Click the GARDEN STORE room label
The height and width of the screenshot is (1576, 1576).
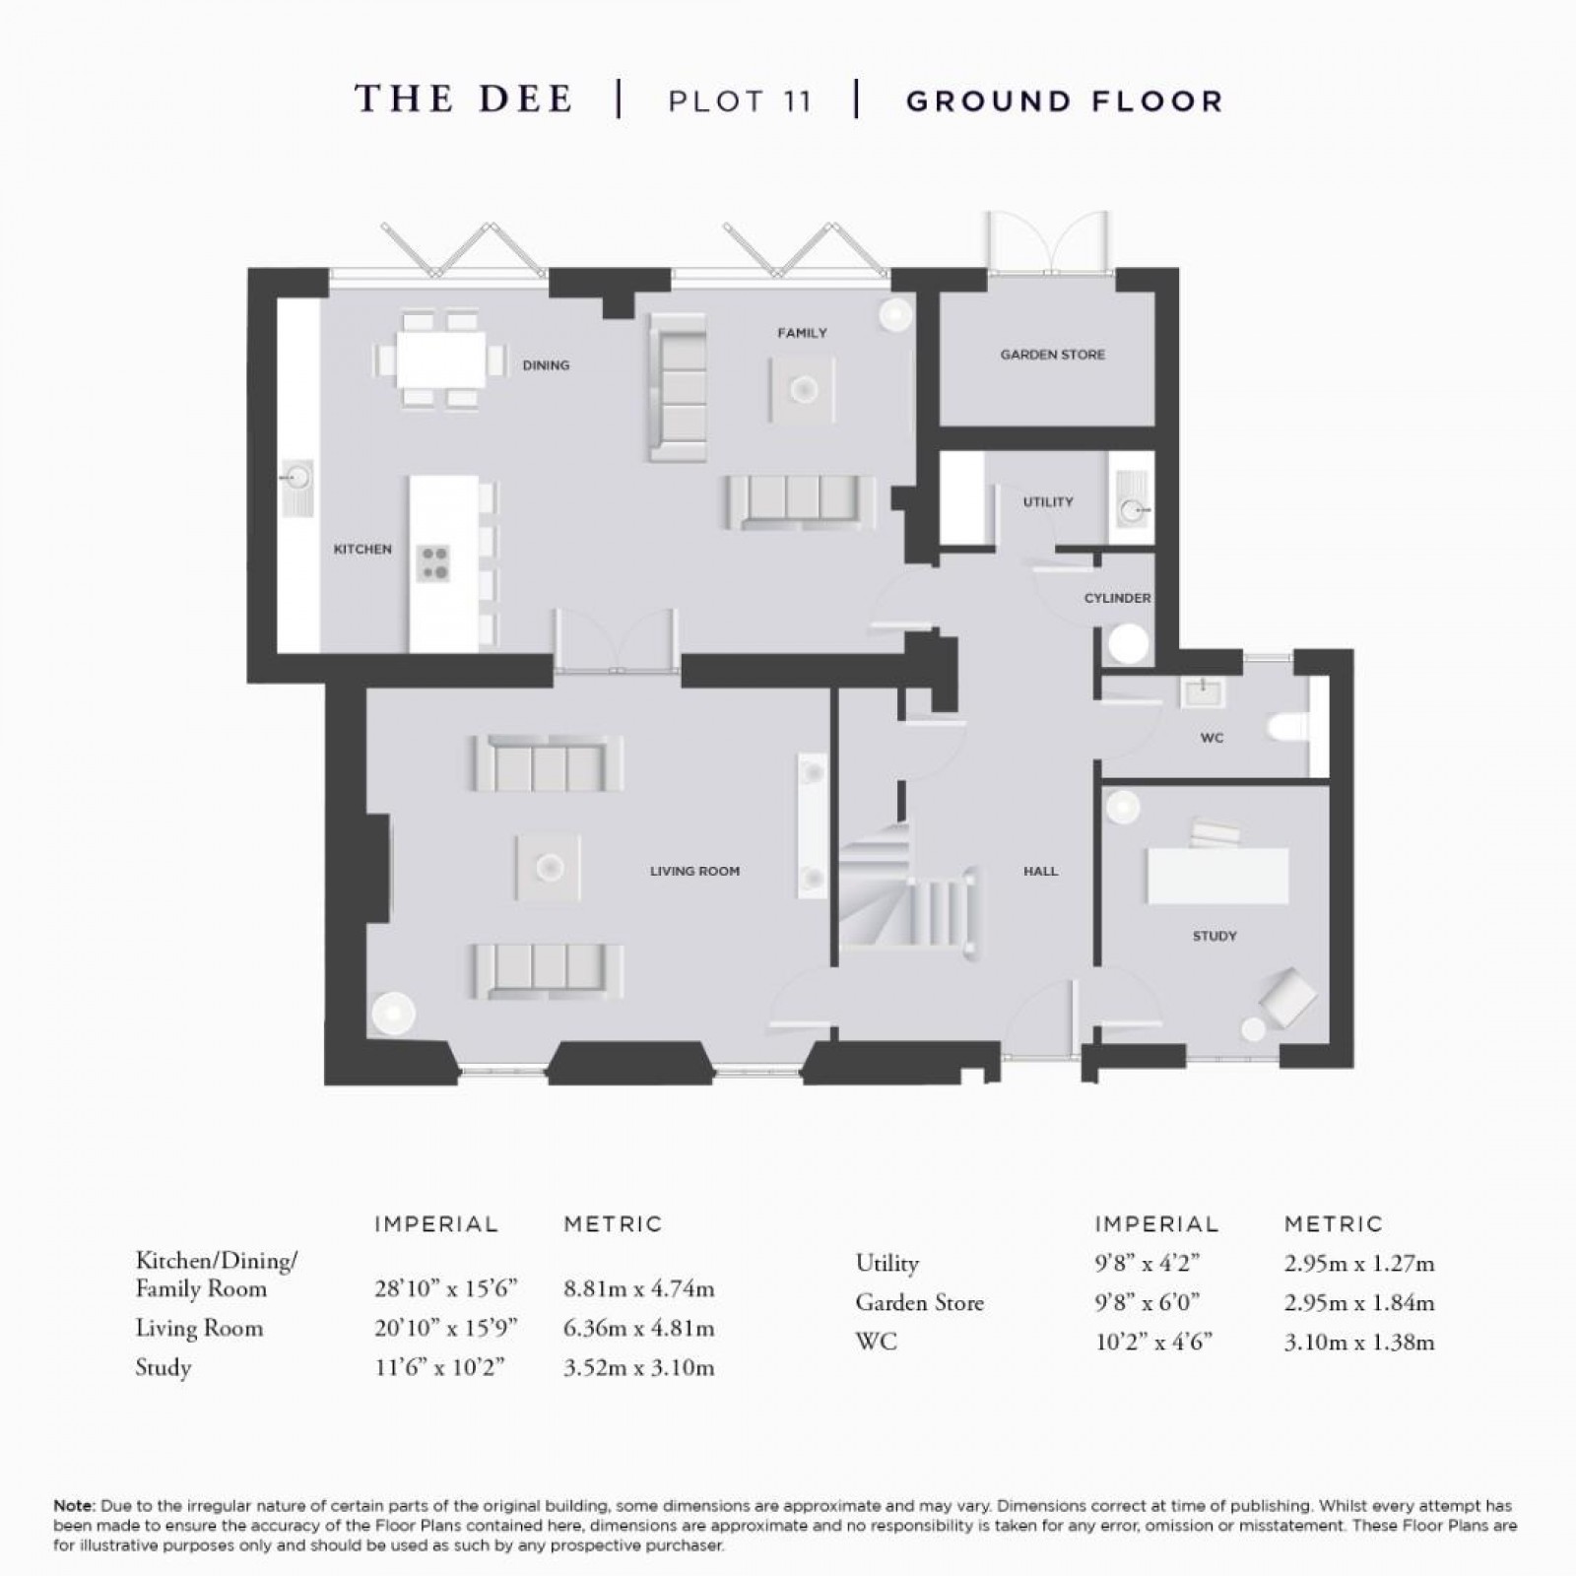click(1052, 355)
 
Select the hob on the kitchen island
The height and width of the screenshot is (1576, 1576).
click(434, 562)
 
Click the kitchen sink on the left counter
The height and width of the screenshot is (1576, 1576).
click(296, 480)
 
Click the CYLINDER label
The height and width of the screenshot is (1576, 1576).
click(1117, 598)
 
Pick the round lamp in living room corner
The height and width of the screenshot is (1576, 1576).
click(392, 1014)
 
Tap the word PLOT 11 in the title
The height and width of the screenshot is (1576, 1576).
click(740, 101)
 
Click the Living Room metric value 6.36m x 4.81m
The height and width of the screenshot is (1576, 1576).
click(638, 1328)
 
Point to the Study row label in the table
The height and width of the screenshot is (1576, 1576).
click(164, 1367)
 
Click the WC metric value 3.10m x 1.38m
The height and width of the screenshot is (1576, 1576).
click(1358, 1342)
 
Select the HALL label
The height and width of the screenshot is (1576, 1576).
click(1040, 871)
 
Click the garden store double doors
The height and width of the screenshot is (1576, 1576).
click(1053, 241)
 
